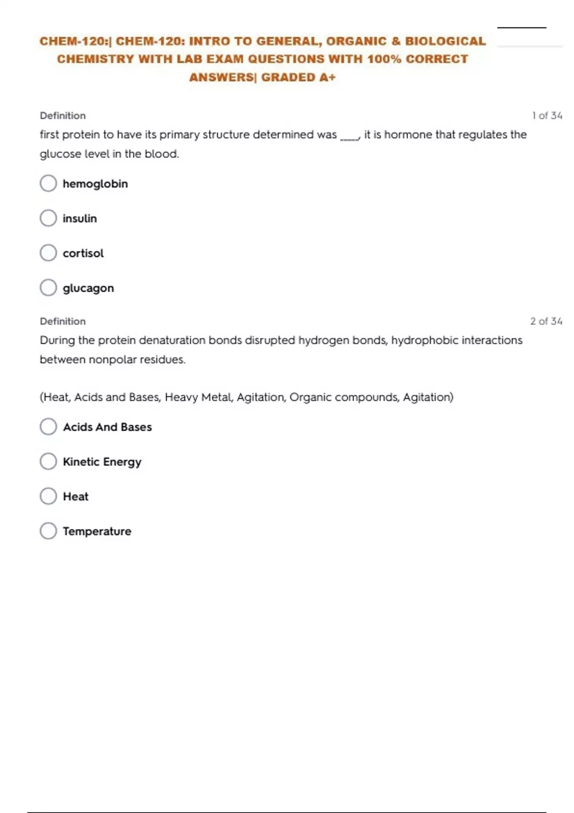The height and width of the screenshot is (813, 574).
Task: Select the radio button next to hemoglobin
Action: click(x=48, y=183)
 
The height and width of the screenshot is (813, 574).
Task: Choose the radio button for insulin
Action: click(x=48, y=218)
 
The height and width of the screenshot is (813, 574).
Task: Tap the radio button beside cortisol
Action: click(x=48, y=253)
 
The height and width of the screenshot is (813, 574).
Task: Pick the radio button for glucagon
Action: click(x=48, y=288)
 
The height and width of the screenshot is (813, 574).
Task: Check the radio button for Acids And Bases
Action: click(x=48, y=427)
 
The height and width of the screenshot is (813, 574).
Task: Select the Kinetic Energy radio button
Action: click(x=48, y=461)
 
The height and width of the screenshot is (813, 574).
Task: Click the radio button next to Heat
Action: click(x=48, y=496)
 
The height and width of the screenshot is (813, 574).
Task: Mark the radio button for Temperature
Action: click(x=48, y=531)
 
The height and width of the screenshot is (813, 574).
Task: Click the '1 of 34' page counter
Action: click(x=547, y=116)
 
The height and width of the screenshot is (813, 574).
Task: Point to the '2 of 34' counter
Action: click(x=546, y=321)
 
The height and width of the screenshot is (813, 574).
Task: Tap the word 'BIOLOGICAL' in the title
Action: click(x=445, y=41)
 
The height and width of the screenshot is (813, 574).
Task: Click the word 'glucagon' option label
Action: click(x=88, y=288)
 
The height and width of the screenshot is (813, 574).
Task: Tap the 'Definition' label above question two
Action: click(x=63, y=321)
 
